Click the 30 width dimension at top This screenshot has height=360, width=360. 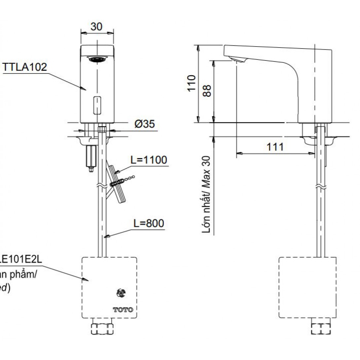pyautogui.click(x=96, y=26)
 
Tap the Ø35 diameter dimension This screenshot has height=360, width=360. pyautogui.click(x=144, y=125)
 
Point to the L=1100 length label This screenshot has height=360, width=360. pyautogui.click(x=149, y=160)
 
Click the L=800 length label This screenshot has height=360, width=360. pyautogui.click(x=149, y=224)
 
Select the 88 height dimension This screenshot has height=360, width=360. pyautogui.click(x=207, y=90)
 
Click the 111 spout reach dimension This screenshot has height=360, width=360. pyautogui.click(x=275, y=147)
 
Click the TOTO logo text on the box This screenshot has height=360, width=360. pyautogui.click(x=123, y=310)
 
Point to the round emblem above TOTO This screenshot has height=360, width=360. pyautogui.click(x=121, y=293)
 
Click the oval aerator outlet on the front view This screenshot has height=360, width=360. pyautogui.click(x=97, y=59)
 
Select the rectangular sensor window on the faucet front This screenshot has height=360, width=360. pyautogui.click(x=97, y=104)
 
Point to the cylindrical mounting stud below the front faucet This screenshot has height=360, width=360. pyautogui.click(x=90, y=157)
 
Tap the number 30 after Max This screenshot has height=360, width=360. pyautogui.click(x=207, y=162)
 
